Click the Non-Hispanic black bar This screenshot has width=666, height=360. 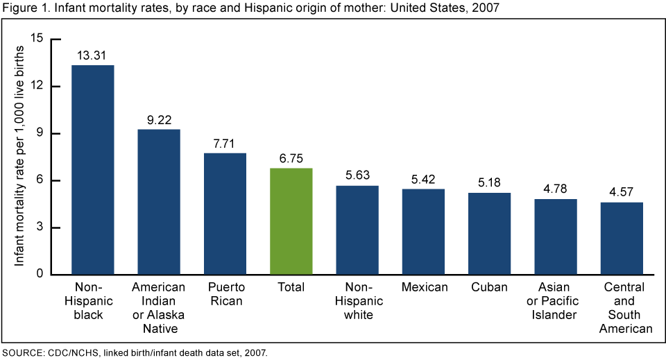point(93,170)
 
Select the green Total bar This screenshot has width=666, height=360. point(291,221)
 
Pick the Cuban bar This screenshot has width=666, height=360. point(489,234)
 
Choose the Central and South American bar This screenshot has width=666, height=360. point(621,239)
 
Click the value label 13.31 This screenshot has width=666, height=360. point(93,55)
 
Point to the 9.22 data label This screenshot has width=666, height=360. point(159,119)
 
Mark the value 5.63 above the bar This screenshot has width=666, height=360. point(357,175)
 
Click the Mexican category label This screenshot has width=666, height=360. point(423,287)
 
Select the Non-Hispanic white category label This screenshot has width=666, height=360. point(357,300)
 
